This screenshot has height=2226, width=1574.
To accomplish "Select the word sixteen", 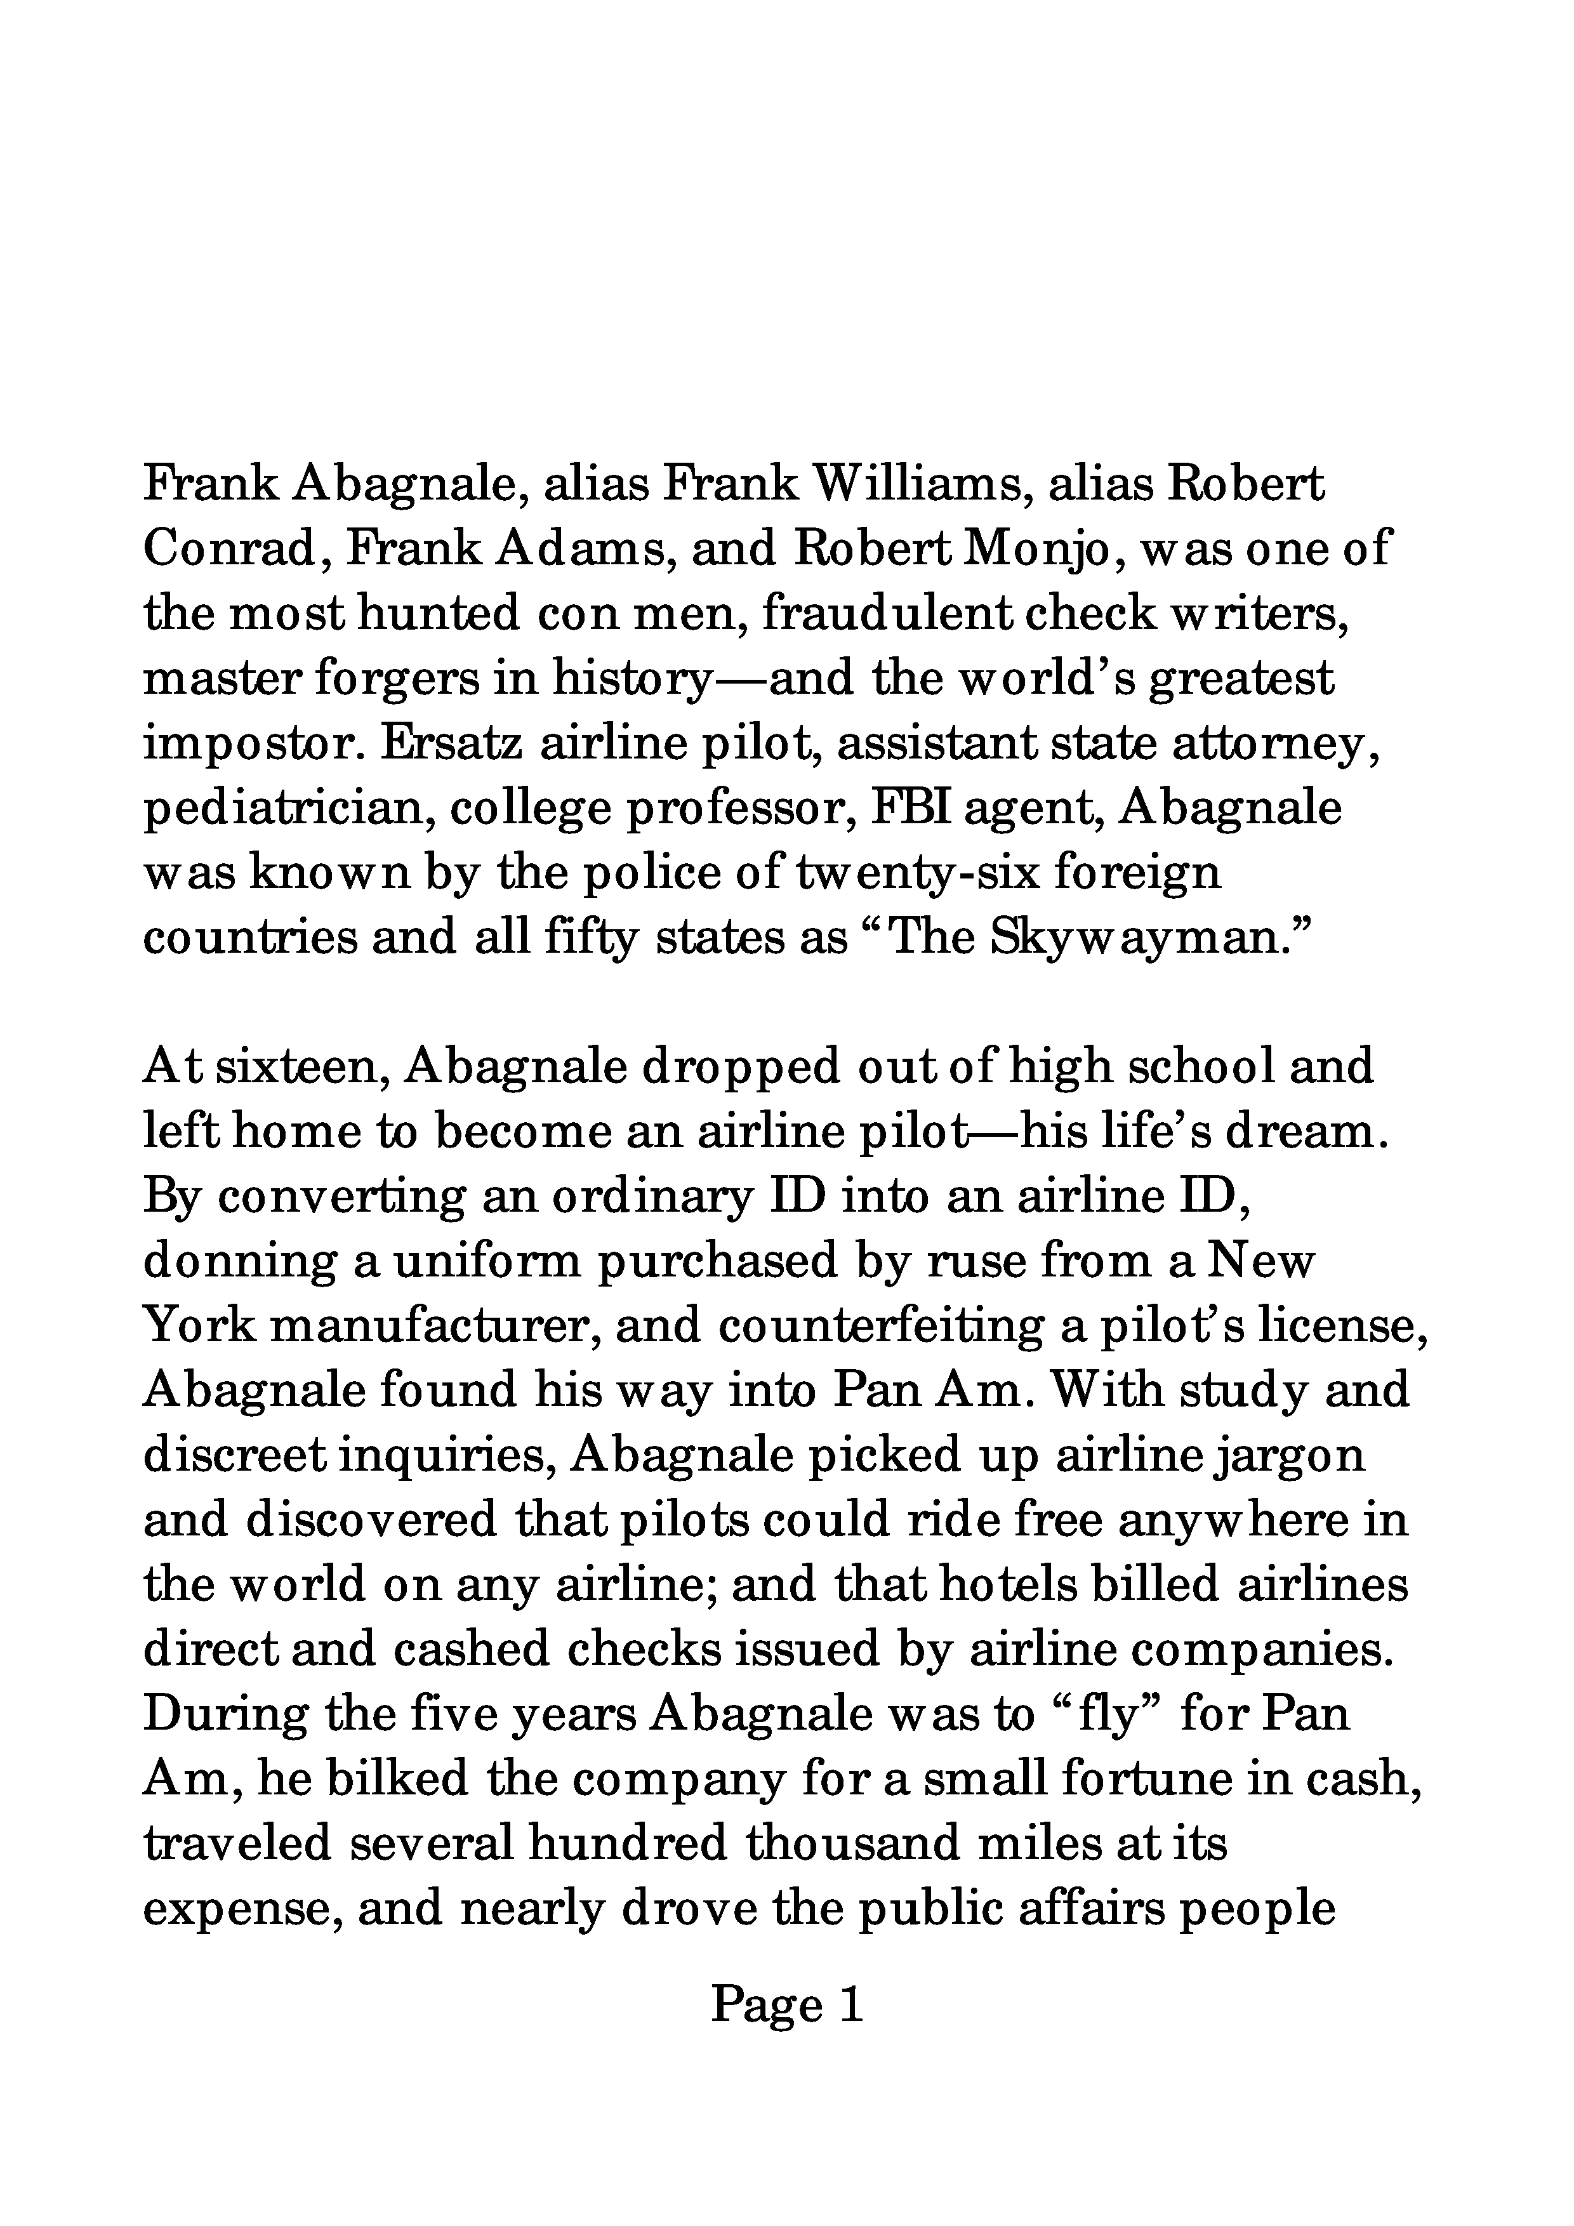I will click(x=300, y=1066).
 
